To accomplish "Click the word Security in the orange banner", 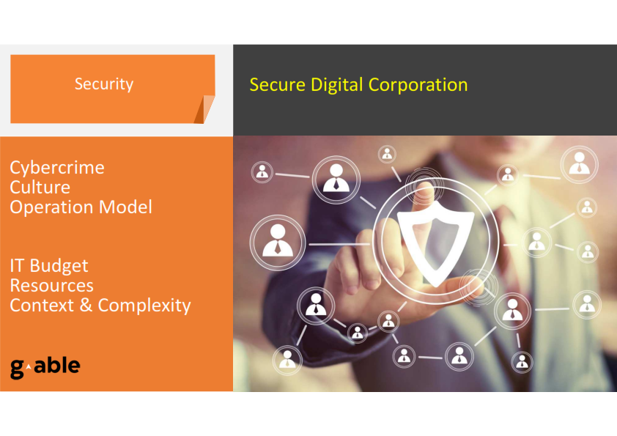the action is pos(104,84).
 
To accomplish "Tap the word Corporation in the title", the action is pos(418,85).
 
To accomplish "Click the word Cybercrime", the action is pos(57,168).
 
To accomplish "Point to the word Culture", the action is pos(40,188).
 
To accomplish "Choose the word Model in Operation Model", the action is pos(125,207).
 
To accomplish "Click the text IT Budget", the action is pos(49,267).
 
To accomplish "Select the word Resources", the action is pos(51,286).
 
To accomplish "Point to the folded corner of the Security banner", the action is pos(204,109).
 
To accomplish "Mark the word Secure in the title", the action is pos(278,85).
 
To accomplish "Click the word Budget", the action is pos(59,267).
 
